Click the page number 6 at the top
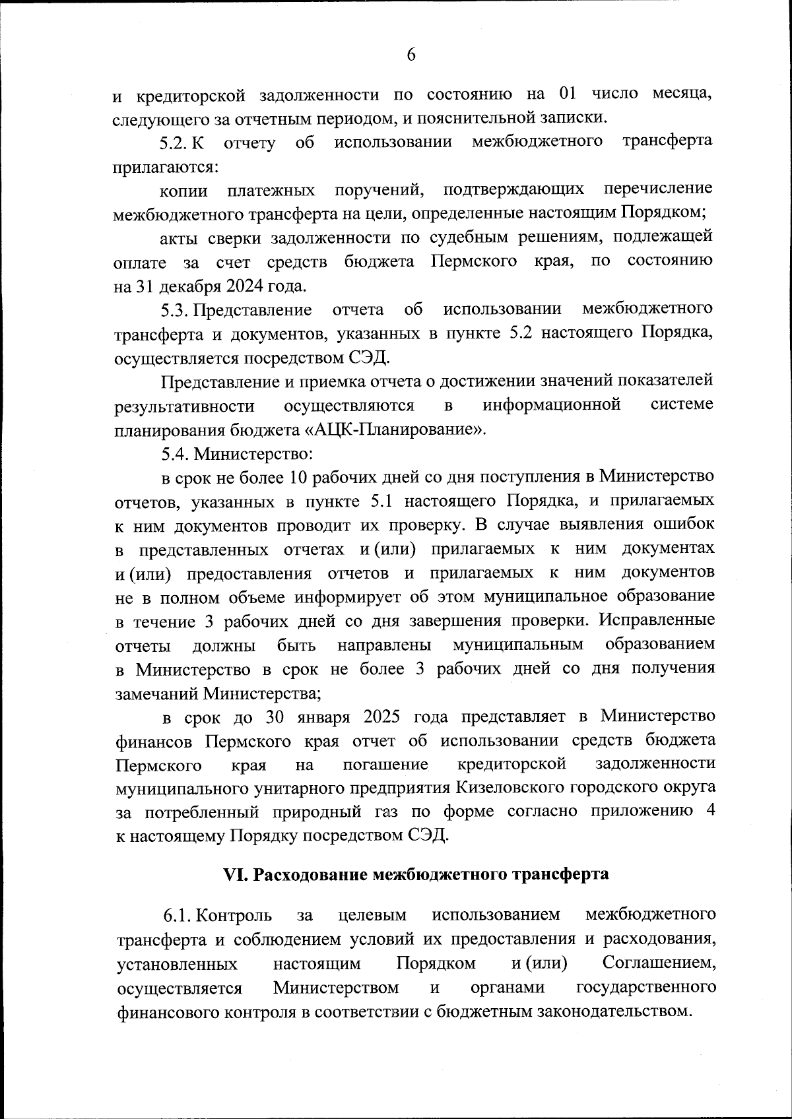pos(411,55)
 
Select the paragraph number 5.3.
pos(176,309)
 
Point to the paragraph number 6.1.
pos(179,915)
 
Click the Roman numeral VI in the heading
pos(235,874)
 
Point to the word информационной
pos(552,404)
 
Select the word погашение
pos(385,764)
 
